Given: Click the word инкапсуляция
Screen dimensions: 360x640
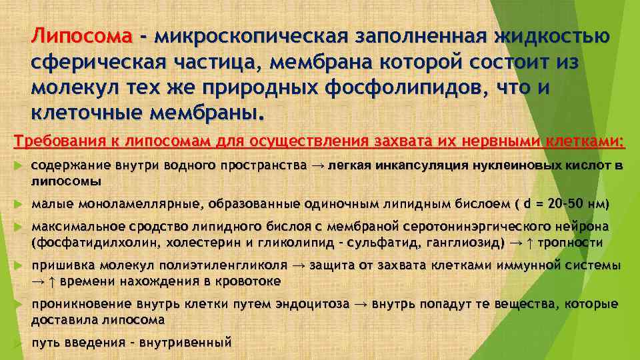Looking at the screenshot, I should point(419,165).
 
